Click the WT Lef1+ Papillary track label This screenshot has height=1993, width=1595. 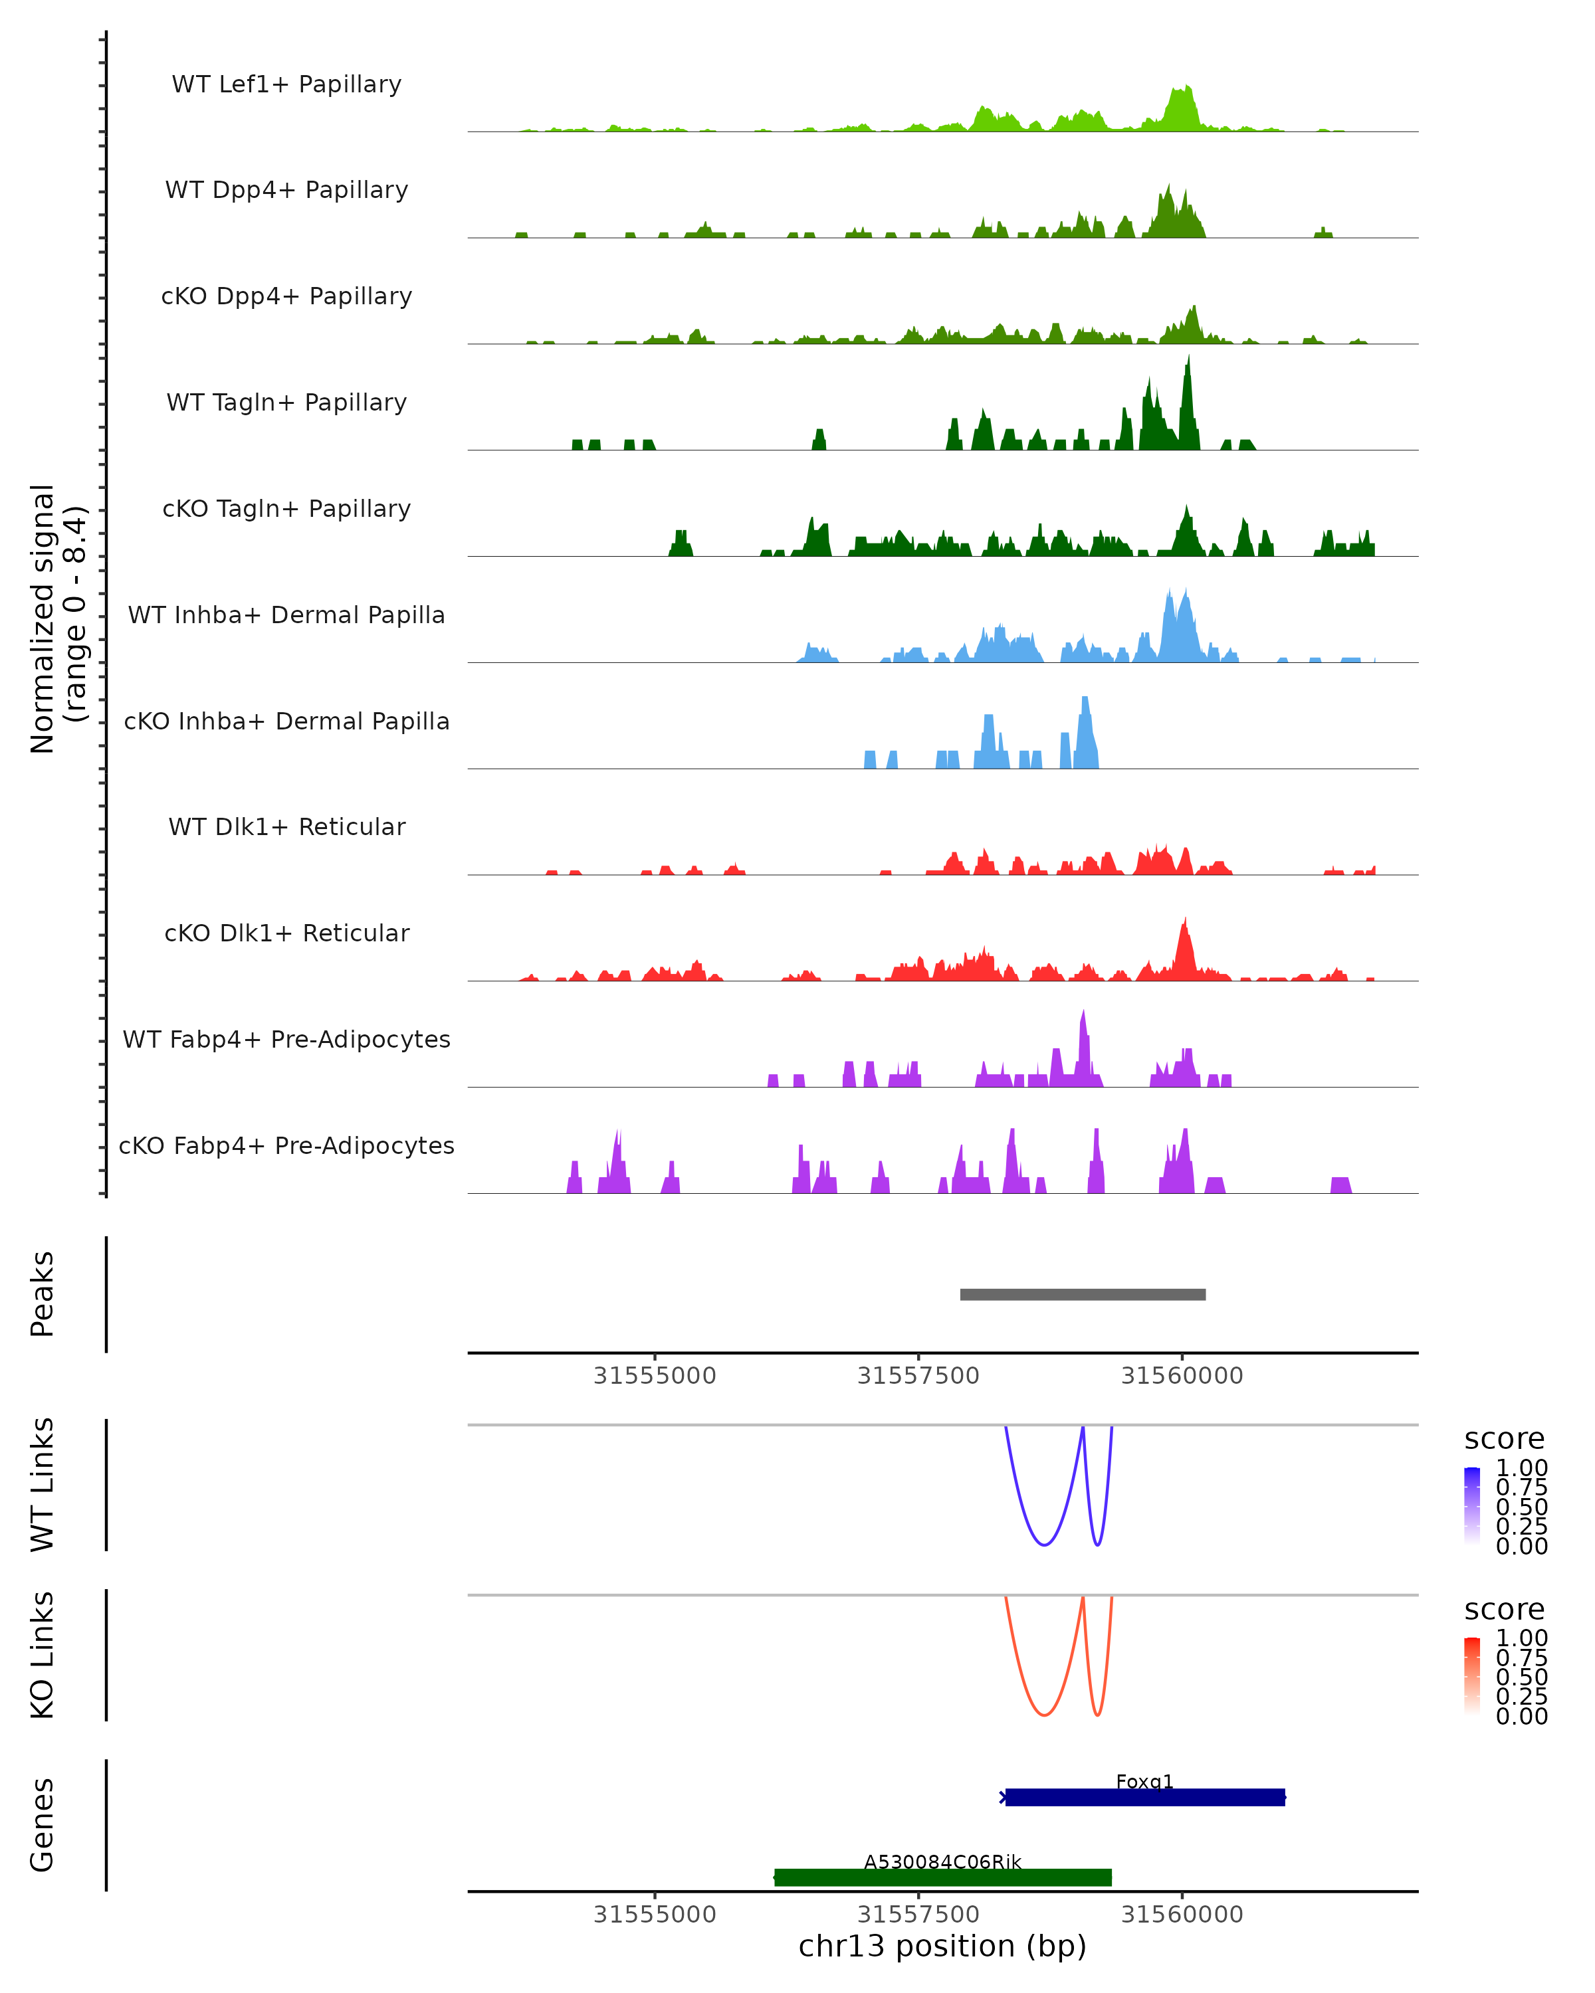286,84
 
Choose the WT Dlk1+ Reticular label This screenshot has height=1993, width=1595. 286,826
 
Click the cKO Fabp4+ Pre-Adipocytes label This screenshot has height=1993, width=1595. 286,1145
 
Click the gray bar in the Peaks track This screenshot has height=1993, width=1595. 1082,1294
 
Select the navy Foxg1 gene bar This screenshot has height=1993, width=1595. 1144,1797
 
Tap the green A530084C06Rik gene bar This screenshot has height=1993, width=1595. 942,1877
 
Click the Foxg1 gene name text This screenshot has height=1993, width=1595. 1144,1781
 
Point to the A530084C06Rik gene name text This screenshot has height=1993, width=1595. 942,1861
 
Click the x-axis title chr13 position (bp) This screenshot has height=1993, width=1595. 942,1946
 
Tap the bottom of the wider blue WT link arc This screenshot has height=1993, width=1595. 1044,1545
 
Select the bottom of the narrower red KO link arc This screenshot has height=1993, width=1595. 1097,1715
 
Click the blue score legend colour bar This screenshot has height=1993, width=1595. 1472,1506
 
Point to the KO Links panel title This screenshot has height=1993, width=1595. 43,1655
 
